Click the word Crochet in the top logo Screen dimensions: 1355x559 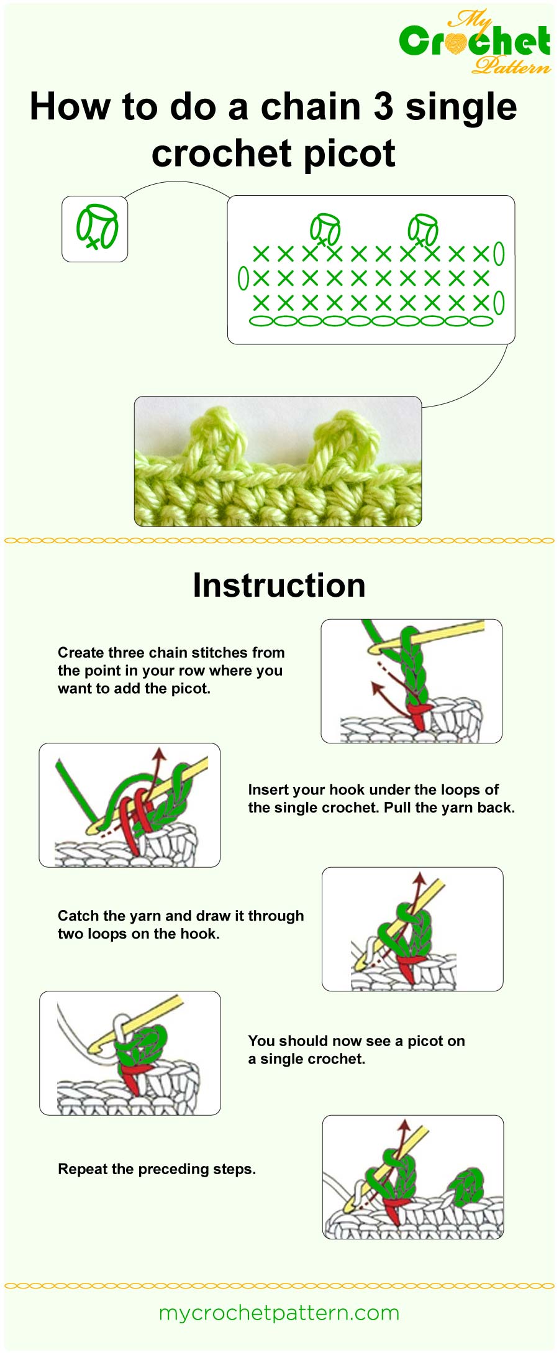point(474,42)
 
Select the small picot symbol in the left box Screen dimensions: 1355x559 point(97,226)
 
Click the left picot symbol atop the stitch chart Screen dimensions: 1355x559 point(325,229)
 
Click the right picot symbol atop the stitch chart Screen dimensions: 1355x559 point(423,229)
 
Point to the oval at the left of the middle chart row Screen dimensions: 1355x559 point(243,278)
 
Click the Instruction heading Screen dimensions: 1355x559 point(279,586)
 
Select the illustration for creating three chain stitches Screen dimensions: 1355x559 point(411,681)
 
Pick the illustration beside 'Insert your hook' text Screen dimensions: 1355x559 point(129,805)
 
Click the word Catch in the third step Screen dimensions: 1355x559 point(79,916)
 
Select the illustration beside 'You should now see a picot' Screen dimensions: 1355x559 point(130,1053)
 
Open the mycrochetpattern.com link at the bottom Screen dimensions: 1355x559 point(279,1313)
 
